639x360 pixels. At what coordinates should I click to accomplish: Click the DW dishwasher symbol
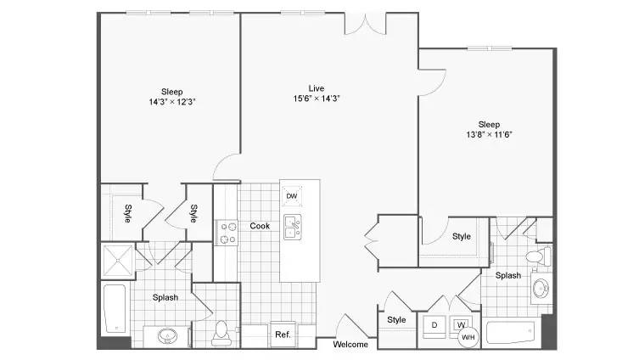pyautogui.click(x=292, y=196)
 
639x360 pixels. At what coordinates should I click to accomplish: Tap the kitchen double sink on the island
pyautogui.click(x=293, y=227)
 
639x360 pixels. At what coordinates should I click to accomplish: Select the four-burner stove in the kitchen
pyautogui.click(x=227, y=233)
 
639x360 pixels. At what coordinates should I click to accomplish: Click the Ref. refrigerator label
pyautogui.click(x=283, y=335)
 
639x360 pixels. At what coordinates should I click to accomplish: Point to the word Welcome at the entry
pyautogui.click(x=350, y=345)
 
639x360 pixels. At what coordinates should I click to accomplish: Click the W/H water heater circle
pyautogui.click(x=468, y=337)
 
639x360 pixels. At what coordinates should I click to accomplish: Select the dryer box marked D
pyautogui.click(x=434, y=326)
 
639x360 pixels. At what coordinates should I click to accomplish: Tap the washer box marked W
pyautogui.click(x=461, y=323)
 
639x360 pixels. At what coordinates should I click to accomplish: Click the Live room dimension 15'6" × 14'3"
pyautogui.click(x=317, y=98)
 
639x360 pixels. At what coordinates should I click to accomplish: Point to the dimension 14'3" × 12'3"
pyautogui.click(x=172, y=102)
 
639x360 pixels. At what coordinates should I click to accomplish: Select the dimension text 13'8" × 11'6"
pyautogui.click(x=489, y=134)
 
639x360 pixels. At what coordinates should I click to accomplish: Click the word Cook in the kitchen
pyautogui.click(x=260, y=226)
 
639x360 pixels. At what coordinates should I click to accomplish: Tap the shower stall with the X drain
pyautogui.click(x=118, y=260)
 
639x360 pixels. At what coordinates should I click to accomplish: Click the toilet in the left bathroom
pyautogui.click(x=221, y=333)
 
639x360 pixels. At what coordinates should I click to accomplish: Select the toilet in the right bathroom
pyautogui.click(x=538, y=257)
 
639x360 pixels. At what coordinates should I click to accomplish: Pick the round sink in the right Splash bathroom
pyautogui.click(x=541, y=288)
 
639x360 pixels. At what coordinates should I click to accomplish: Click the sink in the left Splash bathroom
pyautogui.click(x=167, y=336)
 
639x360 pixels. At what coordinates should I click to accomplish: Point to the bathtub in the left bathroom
pyautogui.click(x=115, y=308)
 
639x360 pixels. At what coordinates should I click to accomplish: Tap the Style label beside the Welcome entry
pyautogui.click(x=396, y=320)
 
